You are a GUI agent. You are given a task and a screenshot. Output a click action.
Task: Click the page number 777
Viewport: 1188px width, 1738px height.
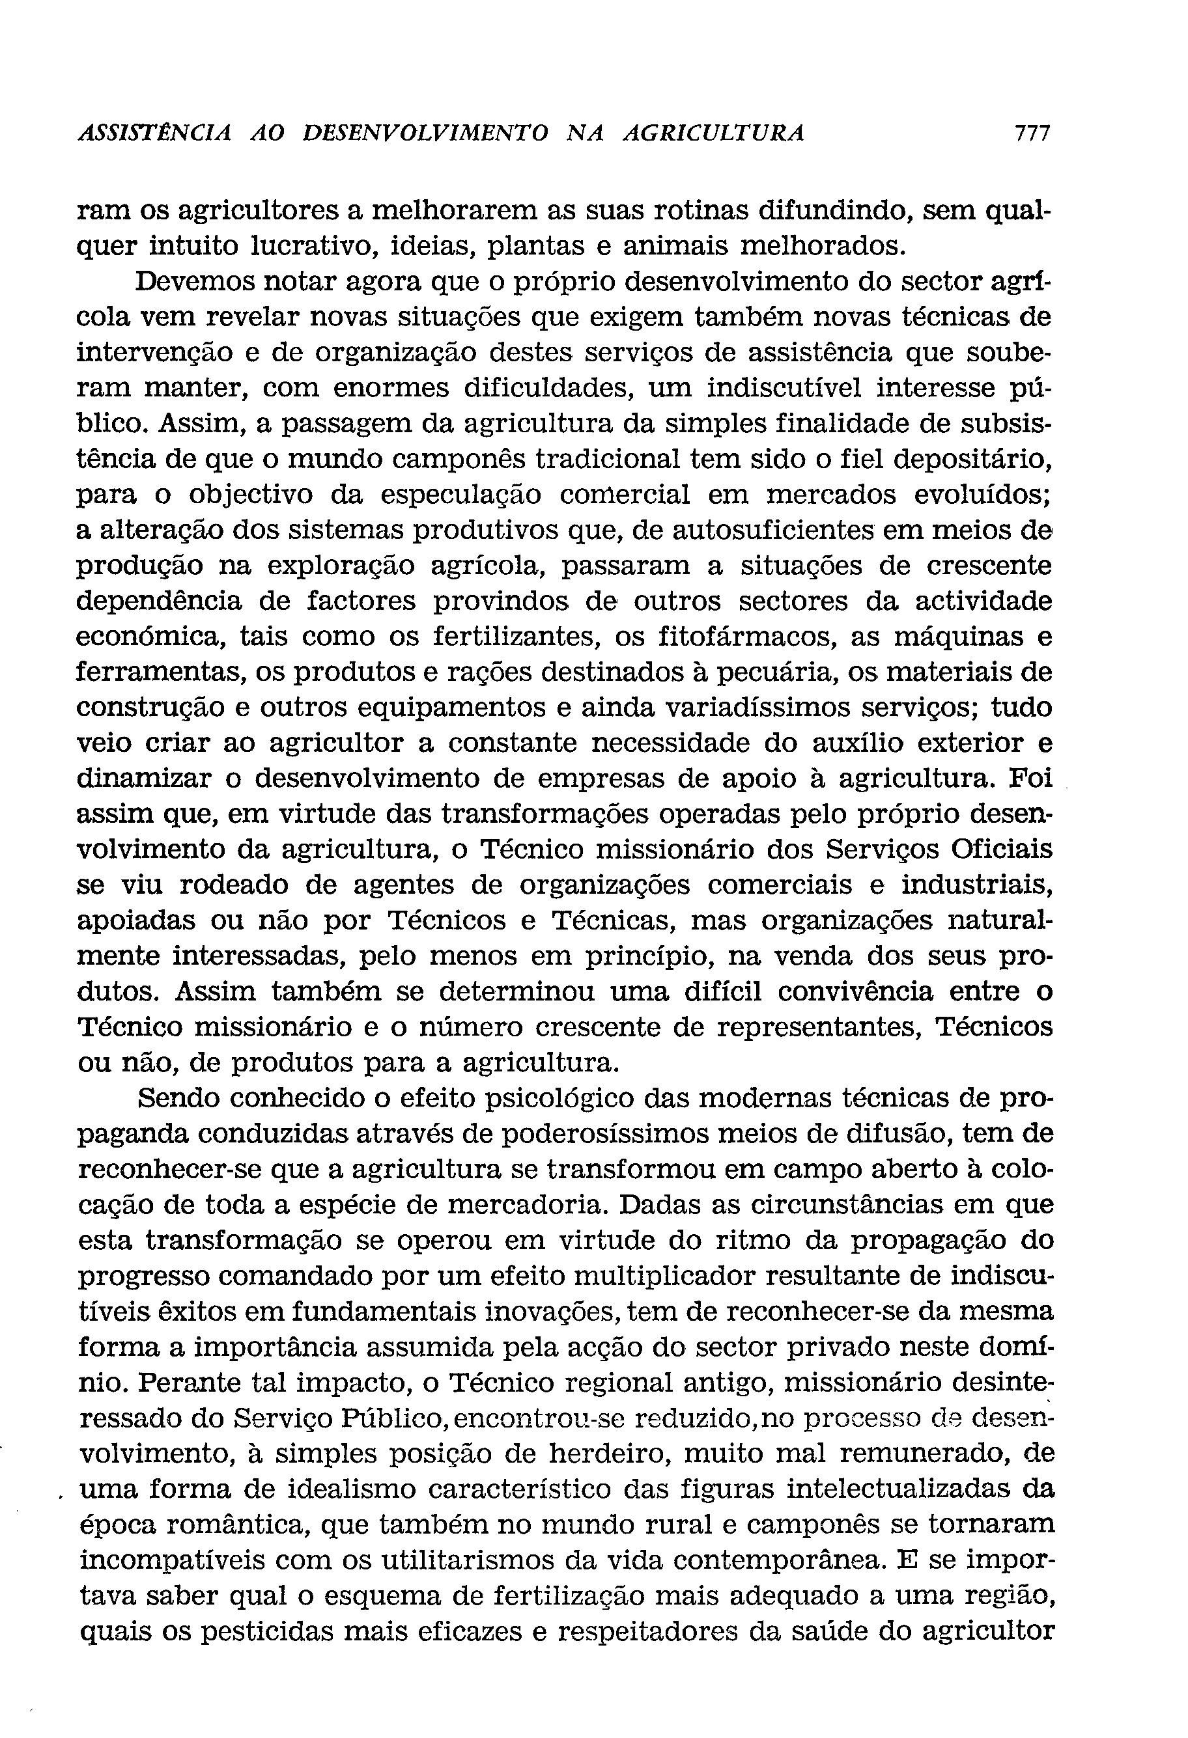point(1032,134)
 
